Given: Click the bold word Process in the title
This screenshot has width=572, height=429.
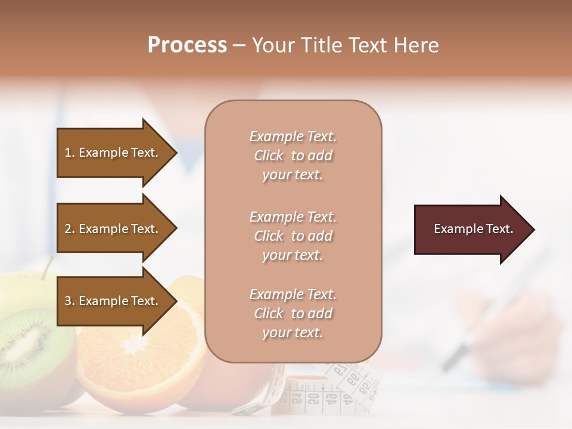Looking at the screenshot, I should [187, 45].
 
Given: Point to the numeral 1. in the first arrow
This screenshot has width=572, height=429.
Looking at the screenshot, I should [70, 153].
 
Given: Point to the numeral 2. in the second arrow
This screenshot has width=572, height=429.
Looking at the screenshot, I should [70, 229].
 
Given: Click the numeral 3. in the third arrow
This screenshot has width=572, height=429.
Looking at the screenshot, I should [70, 301].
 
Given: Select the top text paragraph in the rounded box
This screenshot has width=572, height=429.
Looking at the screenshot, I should [293, 156].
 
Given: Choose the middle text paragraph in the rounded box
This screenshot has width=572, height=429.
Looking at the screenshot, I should [293, 236].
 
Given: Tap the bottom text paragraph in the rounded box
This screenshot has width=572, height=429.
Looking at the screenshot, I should [293, 313].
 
